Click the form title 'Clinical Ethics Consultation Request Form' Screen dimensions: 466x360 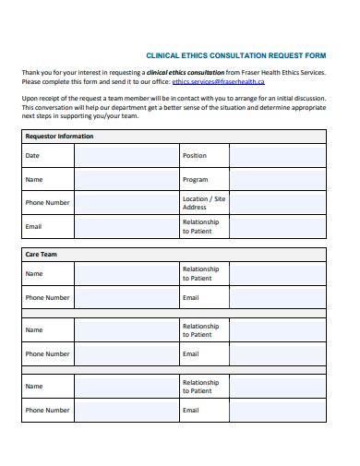[x=238, y=54]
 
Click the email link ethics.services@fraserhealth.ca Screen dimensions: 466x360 [x=211, y=82]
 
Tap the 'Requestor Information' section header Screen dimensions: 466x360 [x=59, y=137]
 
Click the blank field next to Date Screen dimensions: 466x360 [x=126, y=156]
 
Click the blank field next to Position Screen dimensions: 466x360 [x=277, y=156]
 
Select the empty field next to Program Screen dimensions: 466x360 [x=277, y=179]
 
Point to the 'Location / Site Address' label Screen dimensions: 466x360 [x=203, y=203]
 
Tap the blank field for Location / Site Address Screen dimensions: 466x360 [x=277, y=203]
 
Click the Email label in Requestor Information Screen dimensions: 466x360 [x=33, y=226]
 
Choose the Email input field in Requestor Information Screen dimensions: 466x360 [x=126, y=226]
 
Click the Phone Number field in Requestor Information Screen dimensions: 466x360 [x=126, y=203]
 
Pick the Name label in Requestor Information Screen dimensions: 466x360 [x=34, y=180]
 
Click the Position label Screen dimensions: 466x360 [x=195, y=156]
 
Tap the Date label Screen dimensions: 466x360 [x=32, y=156]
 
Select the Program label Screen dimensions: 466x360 [x=195, y=180]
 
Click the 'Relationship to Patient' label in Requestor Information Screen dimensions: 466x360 [x=200, y=226]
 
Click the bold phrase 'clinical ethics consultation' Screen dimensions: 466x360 [x=186, y=72]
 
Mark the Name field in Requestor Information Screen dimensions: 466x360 [x=126, y=179]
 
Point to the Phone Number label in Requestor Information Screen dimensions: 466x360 [x=47, y=203]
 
